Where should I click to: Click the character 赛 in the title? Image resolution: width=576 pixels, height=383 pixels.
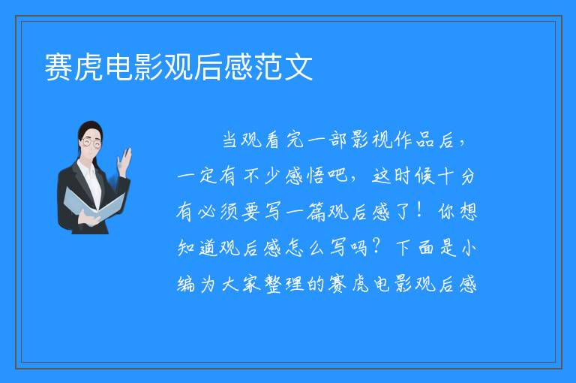pos(58,67)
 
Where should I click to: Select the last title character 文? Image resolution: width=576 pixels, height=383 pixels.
pos(298,67)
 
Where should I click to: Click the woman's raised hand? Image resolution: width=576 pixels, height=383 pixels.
pos(124,162)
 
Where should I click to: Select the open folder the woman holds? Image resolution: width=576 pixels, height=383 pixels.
pos(94,204)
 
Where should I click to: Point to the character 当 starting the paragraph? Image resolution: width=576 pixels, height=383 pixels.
pos(230,140)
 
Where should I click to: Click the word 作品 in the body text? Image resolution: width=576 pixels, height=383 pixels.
pos(415,140)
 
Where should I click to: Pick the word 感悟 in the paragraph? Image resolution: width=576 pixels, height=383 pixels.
pos(305,176)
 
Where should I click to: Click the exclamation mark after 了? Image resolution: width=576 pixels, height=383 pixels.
pos(419,211)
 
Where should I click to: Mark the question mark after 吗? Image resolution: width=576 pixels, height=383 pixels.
pos(376,247)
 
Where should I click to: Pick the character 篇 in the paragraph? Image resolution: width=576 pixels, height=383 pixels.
pos(316,212)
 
